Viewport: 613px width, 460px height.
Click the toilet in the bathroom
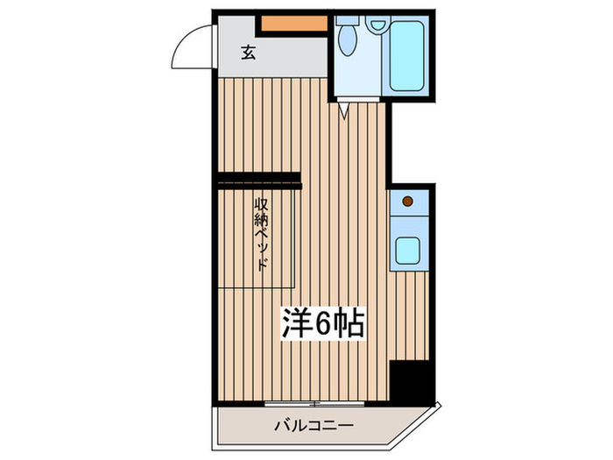(348, 39)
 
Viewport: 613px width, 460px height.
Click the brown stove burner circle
(407, 203)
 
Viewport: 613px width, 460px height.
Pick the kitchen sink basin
(408, 249)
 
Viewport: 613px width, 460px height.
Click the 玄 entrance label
(248, 53)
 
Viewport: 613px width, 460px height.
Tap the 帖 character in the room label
(349, 323)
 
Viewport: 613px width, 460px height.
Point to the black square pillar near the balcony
(411, 379)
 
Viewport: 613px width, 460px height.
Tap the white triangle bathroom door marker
(345, 110)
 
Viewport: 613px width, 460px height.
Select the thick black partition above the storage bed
(258, 182)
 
